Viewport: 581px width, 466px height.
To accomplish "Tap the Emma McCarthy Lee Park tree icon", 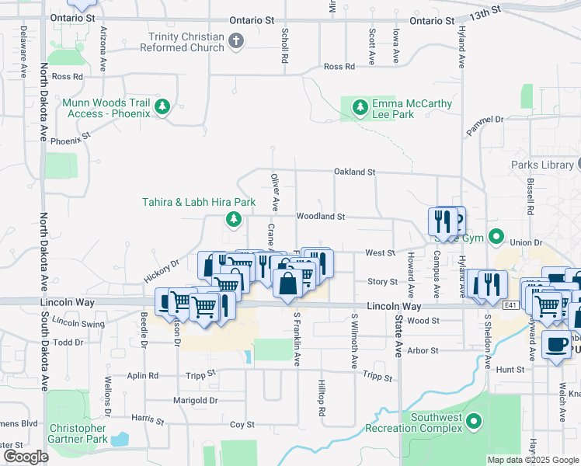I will (x=360, y=107).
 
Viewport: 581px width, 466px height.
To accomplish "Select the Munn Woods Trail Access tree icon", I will (x=162, y=107).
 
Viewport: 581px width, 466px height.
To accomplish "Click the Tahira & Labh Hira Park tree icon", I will (x=233, y=220).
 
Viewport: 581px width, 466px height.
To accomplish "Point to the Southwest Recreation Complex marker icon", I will (x=475, y=423).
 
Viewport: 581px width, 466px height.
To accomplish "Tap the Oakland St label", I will (x=354, y=172).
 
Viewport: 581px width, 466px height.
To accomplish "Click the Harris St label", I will (x=148, y=420).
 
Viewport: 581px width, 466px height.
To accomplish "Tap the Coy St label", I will (x=242, y=425).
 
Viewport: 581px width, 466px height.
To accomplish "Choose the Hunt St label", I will (x=510, y=370).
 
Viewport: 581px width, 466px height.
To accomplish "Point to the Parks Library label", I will (x=541, y=165).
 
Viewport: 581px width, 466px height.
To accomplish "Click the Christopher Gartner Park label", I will (x=77, y=433).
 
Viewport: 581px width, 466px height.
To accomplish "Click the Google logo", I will (x=26, y=456).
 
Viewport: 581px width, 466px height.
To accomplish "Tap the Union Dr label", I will (x=526, y=242).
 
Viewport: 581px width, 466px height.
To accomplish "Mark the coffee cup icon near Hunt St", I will (x=556, y=346).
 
